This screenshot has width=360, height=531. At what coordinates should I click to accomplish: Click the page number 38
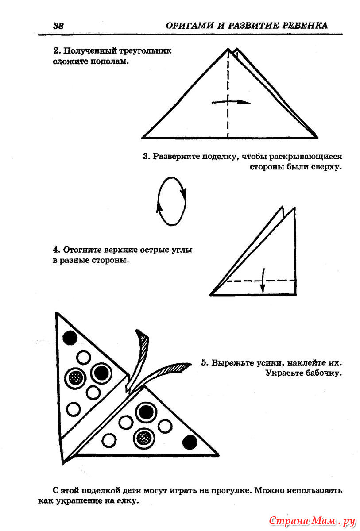[x=58, y=26]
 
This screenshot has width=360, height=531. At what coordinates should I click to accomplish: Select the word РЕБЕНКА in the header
[x=305, y=26]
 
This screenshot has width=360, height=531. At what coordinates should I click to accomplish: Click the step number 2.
[x=55, y=51]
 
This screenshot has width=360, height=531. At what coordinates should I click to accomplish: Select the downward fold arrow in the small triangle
[x=263, y=281]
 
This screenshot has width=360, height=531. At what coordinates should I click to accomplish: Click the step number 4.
[x=55, y=250]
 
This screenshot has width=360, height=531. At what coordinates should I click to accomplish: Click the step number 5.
[x=204, y=363]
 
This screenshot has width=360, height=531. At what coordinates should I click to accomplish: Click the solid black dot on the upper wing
[x=70, y=338]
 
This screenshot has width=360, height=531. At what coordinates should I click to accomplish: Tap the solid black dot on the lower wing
[x=190, y=441]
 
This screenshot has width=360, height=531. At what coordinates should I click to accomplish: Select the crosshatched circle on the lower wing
[x=144, y=438]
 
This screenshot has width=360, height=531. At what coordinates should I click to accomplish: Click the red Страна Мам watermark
[x=313, y=519]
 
